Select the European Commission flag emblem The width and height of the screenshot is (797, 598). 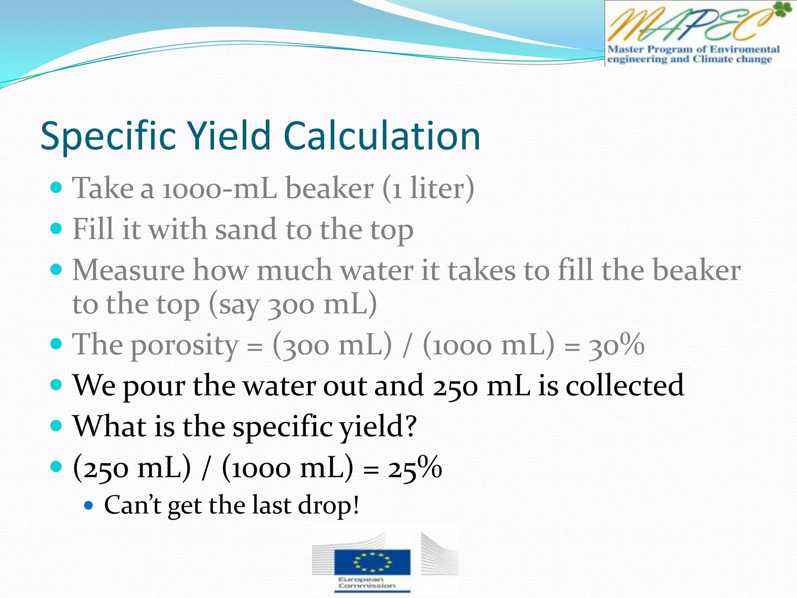tap(372, 562)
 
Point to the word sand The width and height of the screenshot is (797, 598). tap(246, 229)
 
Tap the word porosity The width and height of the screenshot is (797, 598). tap(184, 346)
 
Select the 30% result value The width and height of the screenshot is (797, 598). tap(616, 346)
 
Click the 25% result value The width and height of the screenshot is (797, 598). tap(415, 468)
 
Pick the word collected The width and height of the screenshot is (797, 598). tap(624, 385)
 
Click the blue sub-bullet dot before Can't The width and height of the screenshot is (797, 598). tap(89, 506)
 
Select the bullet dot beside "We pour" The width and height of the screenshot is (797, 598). tap(56, 385)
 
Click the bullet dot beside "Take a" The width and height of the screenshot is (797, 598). tap(56, 188)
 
